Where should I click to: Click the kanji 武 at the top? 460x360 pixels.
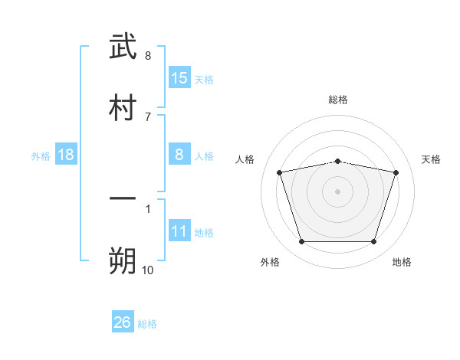[x=123, y=47]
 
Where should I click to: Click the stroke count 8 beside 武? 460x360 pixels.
[x=148, y=56]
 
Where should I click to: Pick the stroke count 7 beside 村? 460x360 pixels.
[x=148, y=116]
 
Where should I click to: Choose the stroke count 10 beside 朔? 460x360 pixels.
[x=148, y=270]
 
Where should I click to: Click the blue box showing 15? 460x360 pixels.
[x=179, y=78]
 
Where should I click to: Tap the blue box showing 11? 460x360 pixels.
[x=179, y=231]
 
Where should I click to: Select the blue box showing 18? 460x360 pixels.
[x=66, y=155]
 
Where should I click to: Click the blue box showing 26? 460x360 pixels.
[x=123, y=322]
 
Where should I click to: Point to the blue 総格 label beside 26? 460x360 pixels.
[x=147, y=324]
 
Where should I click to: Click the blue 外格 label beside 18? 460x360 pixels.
[x=41, y=156]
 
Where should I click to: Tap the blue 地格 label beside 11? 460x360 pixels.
[x=204, y=233]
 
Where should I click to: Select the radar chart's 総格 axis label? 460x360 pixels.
[x=338, y=100]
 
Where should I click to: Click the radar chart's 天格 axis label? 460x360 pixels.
[x=432, y=159]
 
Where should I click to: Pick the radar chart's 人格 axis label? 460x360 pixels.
[x=245, y=159]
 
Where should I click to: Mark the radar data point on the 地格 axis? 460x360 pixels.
[x=373, y=242]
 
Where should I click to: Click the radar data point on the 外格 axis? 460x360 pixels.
[x=301, y=242]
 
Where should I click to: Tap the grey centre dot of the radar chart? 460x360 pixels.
[x=337, y=191]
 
